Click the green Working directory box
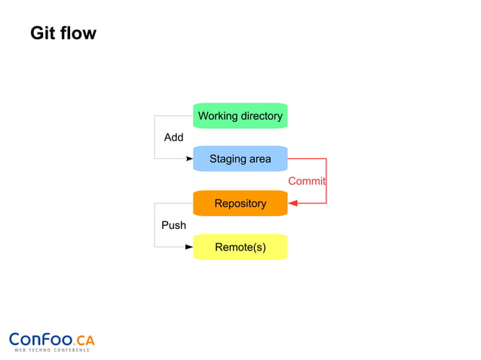[240, 116]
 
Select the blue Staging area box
[240, 159]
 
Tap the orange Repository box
[240, 203]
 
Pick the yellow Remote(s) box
[240, 247]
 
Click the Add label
[173, 138]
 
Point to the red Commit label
[306, 182]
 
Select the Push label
[173, 225]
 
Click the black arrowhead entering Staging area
[189, 159]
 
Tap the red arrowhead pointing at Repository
[293, 203]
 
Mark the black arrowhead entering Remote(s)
[189, 247]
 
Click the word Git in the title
[44, 34]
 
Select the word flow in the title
[79, 34]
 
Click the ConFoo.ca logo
[51, 340]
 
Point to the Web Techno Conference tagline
[51, 350]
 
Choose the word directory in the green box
[261, 116]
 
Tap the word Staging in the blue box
[228, 160]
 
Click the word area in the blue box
[260, 160]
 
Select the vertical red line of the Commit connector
[326, 181]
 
